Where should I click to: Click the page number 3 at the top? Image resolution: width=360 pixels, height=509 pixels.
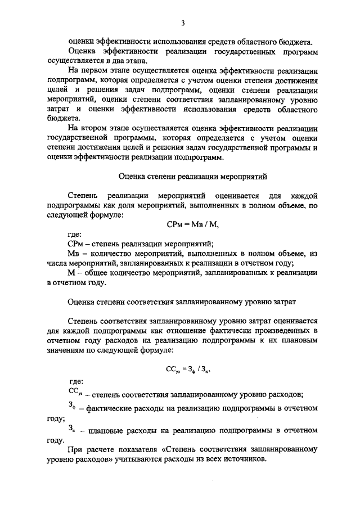[183, 23]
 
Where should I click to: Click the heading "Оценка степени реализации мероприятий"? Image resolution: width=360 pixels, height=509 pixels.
[183, 176]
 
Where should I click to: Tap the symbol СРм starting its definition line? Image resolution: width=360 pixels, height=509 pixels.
[74, 244]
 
